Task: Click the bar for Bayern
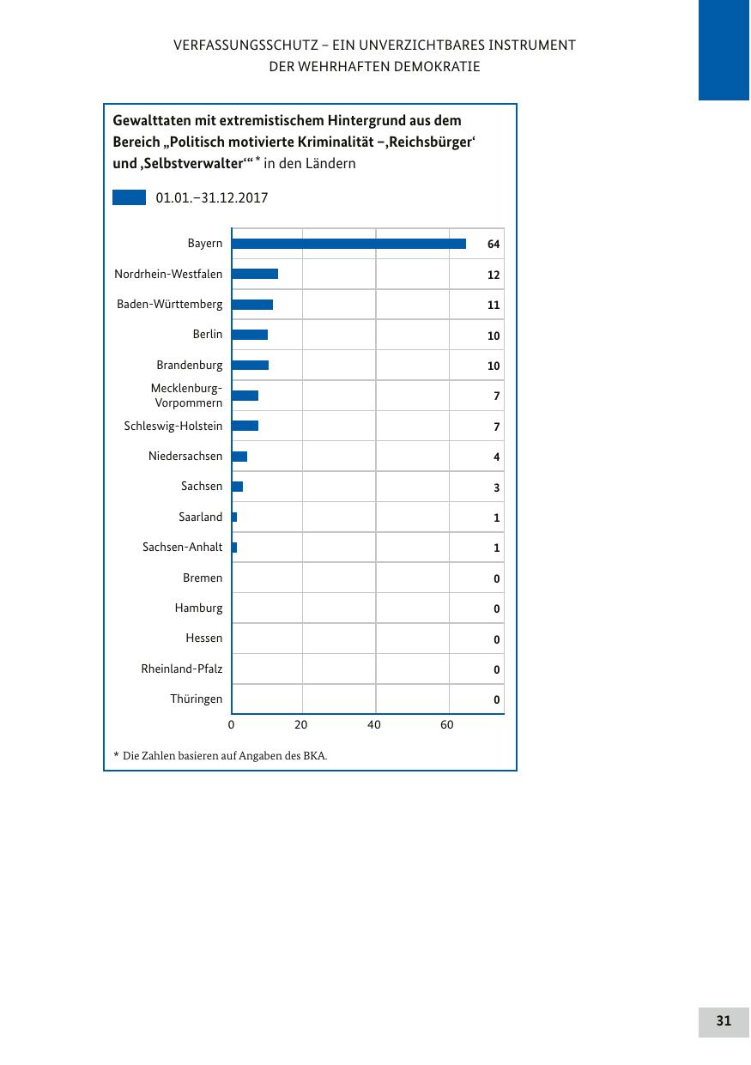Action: point(348,244)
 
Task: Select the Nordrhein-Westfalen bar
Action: point(255,274)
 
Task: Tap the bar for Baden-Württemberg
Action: point(252,305)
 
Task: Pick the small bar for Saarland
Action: point(234,517)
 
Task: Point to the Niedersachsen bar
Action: point(239,457)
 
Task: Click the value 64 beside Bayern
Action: point(494,245)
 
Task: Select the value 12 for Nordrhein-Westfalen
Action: point(494,275)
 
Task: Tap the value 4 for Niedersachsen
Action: point(496,457)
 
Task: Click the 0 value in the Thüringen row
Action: point(496,700)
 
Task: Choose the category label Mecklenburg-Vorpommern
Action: point(186,396)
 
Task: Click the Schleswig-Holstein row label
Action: point(173,426)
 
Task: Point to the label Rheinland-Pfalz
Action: point(181,669)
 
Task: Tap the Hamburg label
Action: point(198,608)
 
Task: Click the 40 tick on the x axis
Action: point(374,725)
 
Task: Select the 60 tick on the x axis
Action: point(447,725)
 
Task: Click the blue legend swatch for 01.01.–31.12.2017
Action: point(129,197)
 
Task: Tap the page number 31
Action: point(724,1021)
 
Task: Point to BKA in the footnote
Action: point(314,756)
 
